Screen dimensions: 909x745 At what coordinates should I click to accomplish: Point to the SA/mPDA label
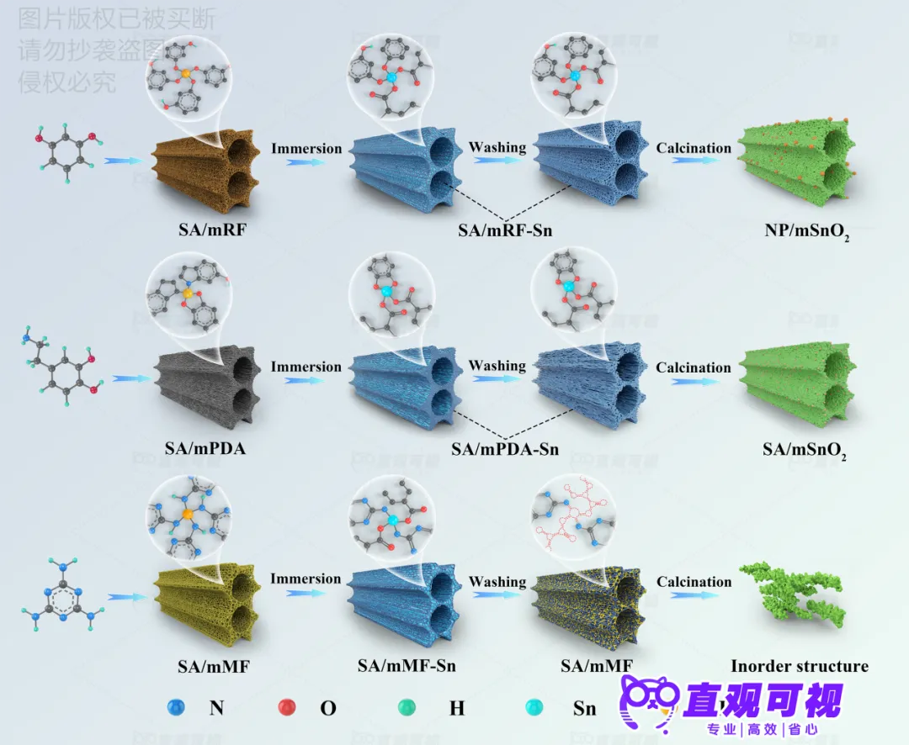tap(206, 448)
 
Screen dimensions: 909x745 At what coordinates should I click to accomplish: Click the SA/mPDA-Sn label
tap(504, 449)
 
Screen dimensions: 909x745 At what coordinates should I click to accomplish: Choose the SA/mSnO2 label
tap(804, 451)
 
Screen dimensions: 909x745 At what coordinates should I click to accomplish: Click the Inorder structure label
tap(799, 666)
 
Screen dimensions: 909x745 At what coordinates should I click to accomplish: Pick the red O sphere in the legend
tap(287, 708)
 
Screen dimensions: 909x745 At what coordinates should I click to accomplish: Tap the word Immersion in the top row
tap(306, 149)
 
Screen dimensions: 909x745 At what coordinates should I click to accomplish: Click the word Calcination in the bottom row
tap(694, 582)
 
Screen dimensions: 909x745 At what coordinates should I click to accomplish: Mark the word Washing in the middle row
tap(497, 366)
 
